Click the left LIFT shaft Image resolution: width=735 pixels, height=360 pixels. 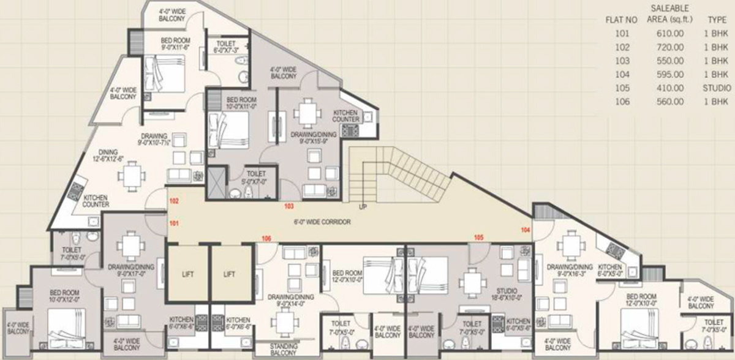click(187, 274)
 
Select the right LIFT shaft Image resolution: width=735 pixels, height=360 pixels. click(230, 274)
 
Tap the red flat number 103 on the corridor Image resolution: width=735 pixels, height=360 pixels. click(290, 206)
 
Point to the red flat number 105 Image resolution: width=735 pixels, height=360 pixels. click(478, 237)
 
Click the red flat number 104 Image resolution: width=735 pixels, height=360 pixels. click(526, 230)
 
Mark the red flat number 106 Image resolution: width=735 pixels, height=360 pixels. click(266, 238)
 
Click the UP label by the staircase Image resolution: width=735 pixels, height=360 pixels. click(363, 207)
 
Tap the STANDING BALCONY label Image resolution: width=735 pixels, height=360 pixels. click(283, 349)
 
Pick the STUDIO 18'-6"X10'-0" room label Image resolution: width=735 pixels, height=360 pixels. click(507, 294)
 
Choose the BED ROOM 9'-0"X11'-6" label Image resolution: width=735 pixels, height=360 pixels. click(166, 43)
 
